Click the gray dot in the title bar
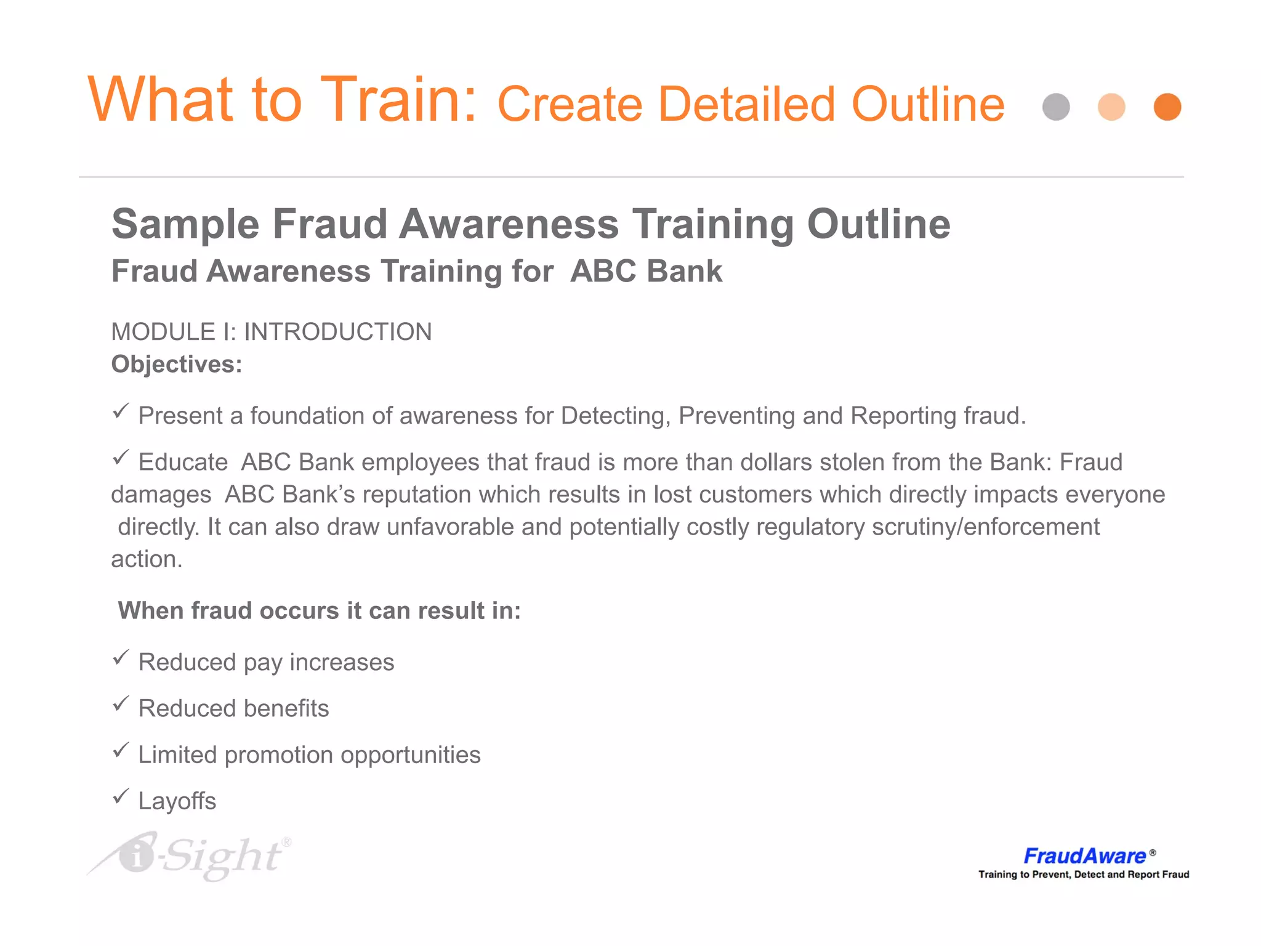(x=1056, y=107)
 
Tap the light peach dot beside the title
(x=1111, y=107)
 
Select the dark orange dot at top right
(x=1167, y=107)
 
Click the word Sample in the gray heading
(x=185, y=224)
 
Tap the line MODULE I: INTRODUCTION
(x=272, y=332)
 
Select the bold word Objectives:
(x=177, y=364)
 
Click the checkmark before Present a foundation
(x=121, y=411)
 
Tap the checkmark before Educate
(x=121, y=457)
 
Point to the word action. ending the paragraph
(x=147, y=559)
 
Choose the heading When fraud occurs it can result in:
(x=320, y=610)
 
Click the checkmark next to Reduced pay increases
(x=121, y=657)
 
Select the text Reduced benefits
(x=233, y=708)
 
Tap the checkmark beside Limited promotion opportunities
(x=121, y=750)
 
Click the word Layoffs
(x=177, y=801)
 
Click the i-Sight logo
(x=191, y=856)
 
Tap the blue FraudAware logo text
(x=1084, y=856)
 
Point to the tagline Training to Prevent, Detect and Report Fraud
(x=1084, y=875)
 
